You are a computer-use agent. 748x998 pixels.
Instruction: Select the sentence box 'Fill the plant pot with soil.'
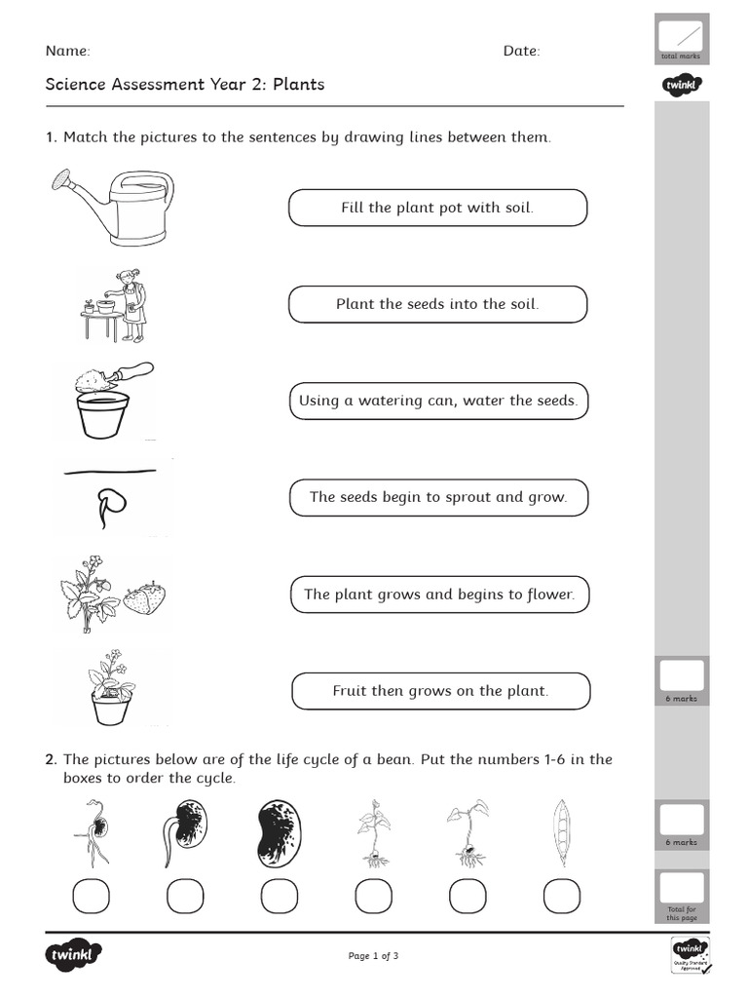coord(437,208)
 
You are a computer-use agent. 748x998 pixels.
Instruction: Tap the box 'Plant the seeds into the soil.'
coord(437,304)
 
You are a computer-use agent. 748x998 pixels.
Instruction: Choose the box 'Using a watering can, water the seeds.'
coord(438,401)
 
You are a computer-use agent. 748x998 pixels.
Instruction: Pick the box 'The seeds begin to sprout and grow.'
coord(438,497)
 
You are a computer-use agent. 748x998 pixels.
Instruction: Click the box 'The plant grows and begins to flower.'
coord(439,594)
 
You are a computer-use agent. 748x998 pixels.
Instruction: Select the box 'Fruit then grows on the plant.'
coord(440,691)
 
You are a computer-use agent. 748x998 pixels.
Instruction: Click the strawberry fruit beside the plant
coord(144,597)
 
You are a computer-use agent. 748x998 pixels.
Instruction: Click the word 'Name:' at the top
coord(67,51)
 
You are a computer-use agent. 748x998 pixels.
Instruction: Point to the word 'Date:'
coord(521,51)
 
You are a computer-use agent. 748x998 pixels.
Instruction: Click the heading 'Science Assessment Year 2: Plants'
coord(185,85)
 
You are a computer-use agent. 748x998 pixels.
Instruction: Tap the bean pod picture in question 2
coord(560,833)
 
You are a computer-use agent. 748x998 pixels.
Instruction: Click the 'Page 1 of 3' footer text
coord(373,956)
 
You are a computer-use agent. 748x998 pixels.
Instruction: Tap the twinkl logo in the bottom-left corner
coord(73,956)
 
